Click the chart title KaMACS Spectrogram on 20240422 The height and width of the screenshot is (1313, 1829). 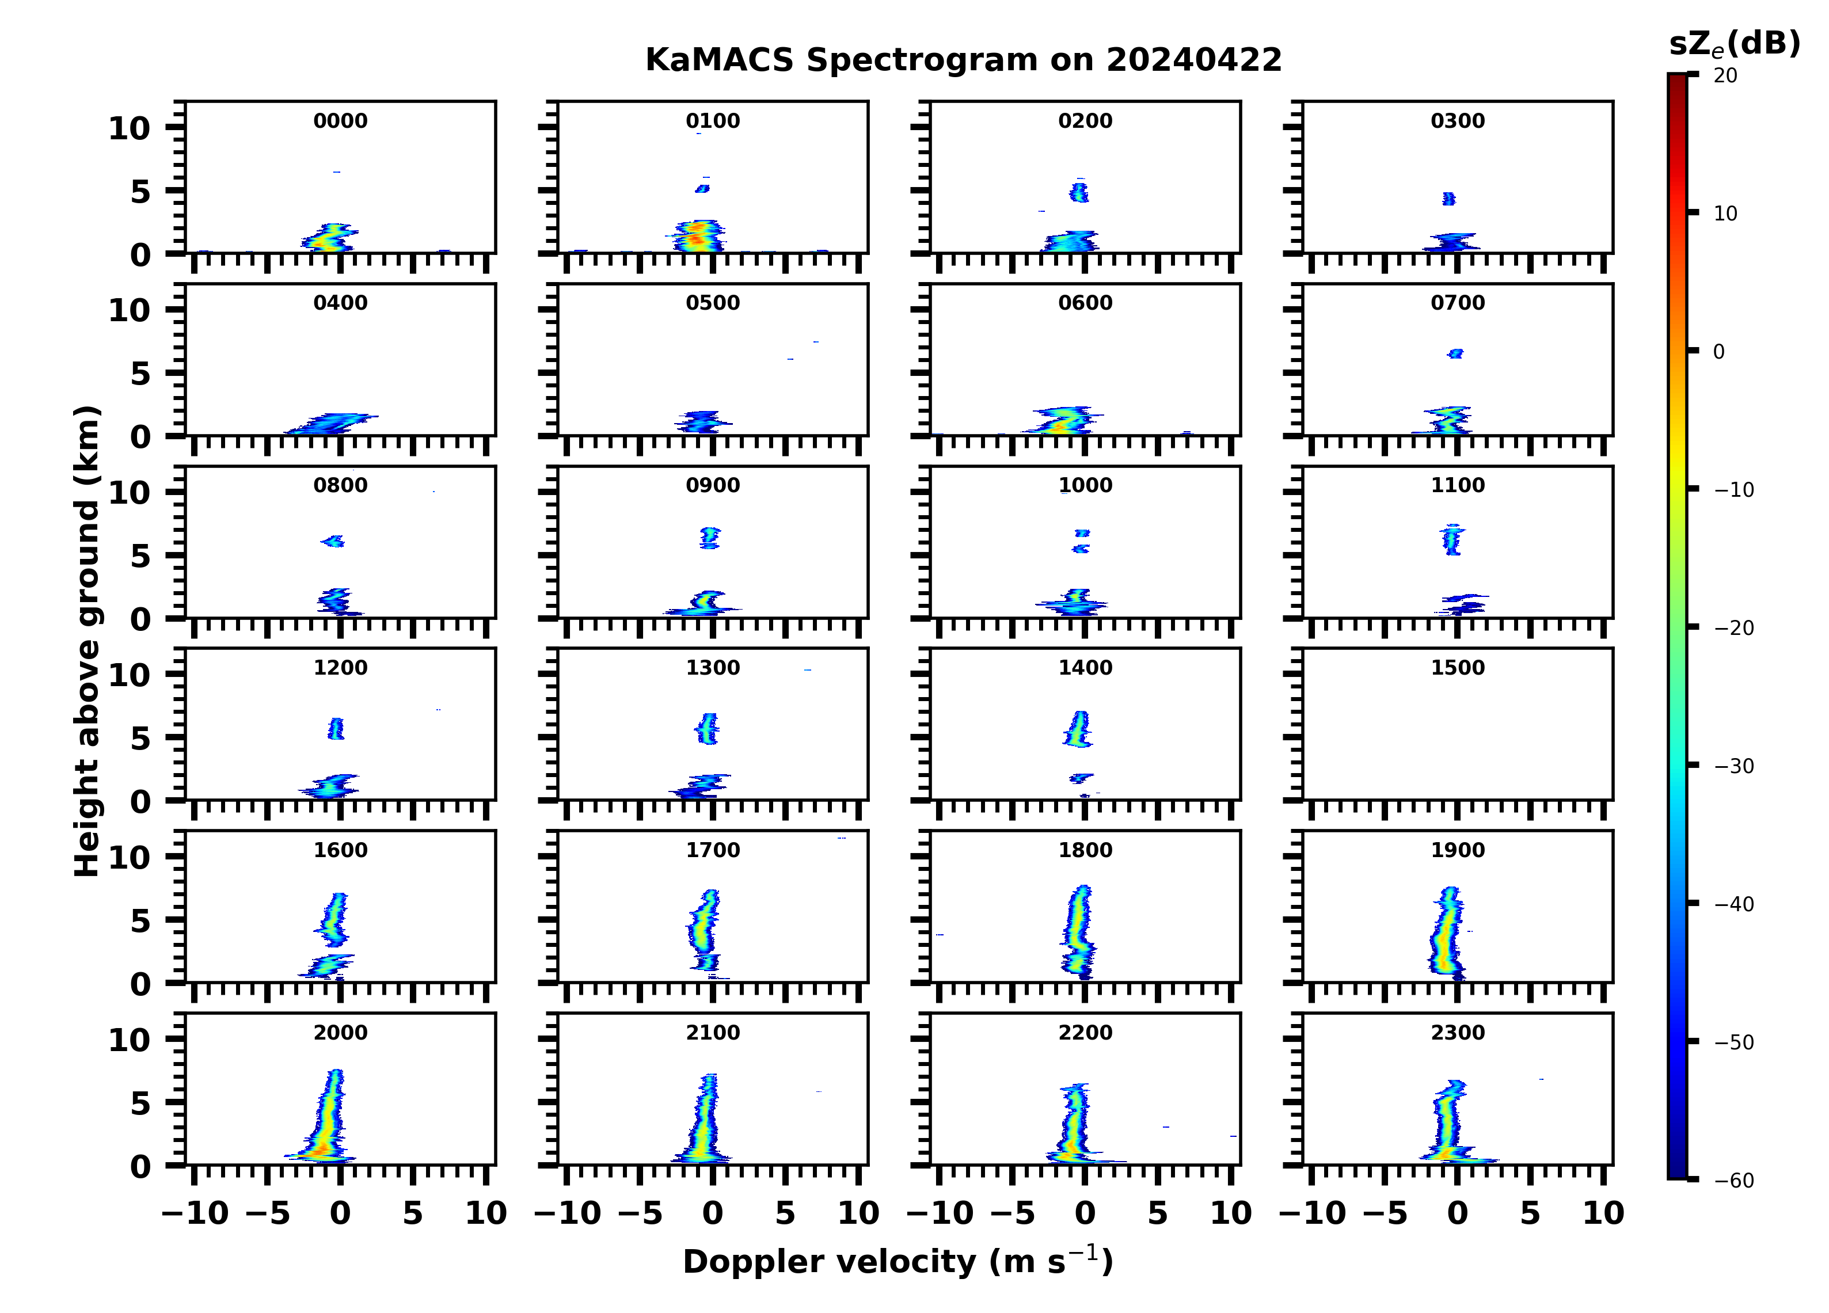coord(963,60)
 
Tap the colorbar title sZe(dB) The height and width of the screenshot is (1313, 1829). coord(1734,44)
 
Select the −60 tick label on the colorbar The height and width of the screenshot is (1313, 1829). coord(1734,1181)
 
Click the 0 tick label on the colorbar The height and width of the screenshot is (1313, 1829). coord(1718,352)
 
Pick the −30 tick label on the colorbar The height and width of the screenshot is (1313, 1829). coord(1734,766)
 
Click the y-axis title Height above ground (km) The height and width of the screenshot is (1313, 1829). coord(87,641)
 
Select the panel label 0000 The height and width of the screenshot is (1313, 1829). coord(340,121)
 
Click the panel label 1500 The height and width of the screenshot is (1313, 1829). coord(1457,668)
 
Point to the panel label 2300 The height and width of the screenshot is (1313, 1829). coord(1457,1032)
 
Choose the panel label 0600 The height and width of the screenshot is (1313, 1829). coord(1085,303)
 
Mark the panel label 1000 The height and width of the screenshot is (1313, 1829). coord(1085,485)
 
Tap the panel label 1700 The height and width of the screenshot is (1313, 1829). coord(712,850)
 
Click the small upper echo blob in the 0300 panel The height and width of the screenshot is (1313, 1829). coord(1448,199)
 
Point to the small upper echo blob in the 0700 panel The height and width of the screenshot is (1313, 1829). coord(1455,353)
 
